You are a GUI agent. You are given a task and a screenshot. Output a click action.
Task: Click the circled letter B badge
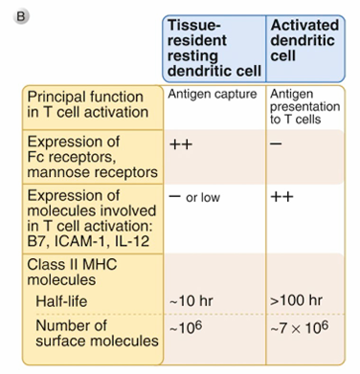pos(21,16)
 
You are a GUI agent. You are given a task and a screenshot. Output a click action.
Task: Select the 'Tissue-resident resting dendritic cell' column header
pos(214,48)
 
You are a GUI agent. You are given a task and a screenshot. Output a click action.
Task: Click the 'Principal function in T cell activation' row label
pos(88,104)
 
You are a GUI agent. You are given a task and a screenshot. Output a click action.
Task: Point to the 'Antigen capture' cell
pos(213,94)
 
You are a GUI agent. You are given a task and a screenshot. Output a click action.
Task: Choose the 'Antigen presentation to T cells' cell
pos(304,106)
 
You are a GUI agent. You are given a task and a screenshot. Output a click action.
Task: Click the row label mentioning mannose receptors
pos(93,157)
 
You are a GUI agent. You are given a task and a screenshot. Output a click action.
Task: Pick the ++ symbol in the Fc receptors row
pos(181,144)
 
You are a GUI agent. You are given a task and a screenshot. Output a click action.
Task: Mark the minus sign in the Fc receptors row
pos(276,143)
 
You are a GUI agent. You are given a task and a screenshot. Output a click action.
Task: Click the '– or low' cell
pos(194,197)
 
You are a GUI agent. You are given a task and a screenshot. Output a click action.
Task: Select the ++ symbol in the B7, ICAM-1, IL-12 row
pos(281,197)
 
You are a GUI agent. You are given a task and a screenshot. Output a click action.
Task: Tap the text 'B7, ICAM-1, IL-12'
pos(88,241)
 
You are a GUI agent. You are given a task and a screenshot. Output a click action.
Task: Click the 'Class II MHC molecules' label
pos(72,272)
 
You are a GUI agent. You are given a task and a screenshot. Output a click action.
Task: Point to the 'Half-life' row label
pos(61,301)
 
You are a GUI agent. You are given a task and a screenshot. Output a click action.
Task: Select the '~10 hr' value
pos(191,301)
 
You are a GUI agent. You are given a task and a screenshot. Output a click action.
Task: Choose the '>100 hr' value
pos(296,300)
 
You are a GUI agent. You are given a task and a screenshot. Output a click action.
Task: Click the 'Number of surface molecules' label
pos(97,333)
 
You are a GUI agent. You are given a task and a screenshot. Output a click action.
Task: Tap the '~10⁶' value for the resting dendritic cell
pos(186,327)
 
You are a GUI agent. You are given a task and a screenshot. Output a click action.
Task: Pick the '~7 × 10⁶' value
pos(299,327)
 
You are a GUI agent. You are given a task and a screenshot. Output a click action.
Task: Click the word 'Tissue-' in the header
pos(193,25)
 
